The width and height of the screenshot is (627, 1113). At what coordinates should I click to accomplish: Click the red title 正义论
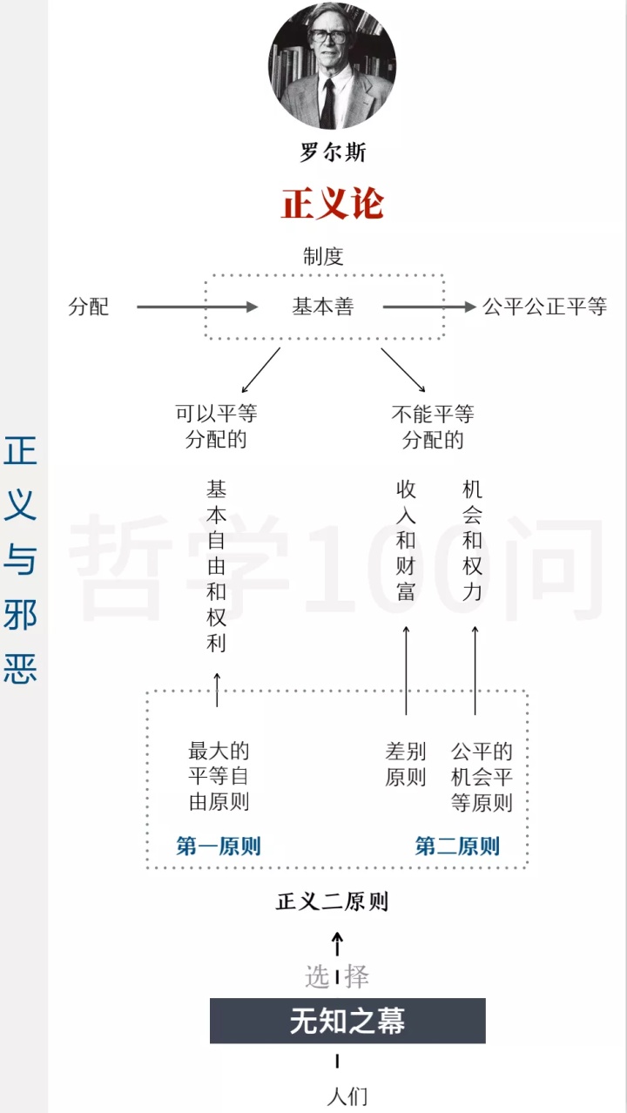pyautogui.click(x=333, y=203)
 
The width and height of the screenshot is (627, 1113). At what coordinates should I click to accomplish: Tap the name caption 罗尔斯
pyautogui.click(x=333, y=152)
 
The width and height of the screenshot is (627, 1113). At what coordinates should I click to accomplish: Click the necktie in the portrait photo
pyautogui.click(x=328, y=104)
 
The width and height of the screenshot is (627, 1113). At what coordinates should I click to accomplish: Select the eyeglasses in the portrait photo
pyautogui.click(x=329, y=37)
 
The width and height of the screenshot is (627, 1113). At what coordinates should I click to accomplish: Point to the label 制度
pyautogui.click(x=323, y=256)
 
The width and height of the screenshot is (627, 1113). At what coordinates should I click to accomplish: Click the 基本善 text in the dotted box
pyautogui.click(x=323, y=307)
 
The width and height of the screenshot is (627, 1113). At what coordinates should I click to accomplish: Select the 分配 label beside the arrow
pyautogui.click(x=89, y=307)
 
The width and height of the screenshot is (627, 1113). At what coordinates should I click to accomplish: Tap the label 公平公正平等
pyautogui.click(x=544, y=307)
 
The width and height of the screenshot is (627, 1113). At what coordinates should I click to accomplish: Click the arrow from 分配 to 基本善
pyautogui.click(x=197, y=307)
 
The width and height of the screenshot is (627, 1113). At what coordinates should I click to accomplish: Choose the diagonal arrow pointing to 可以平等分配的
pyautogui.click(x=261, y=370)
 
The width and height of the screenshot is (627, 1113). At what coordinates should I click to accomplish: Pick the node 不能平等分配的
pyautogui.click(x=433, y=427)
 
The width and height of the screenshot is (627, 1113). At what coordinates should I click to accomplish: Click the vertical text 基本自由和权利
pyautogui.click(x=217, y=566)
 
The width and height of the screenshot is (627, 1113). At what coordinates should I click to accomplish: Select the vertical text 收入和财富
pyautogui.click(x=406, y=540)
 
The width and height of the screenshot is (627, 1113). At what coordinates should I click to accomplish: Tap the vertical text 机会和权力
pyautogui.click(x=472, y=540)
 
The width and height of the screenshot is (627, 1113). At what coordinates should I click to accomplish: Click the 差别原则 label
pyautogui.click(x=406, y=764)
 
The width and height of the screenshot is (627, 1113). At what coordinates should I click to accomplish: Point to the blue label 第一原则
pyautogui.click(x=219, y=846)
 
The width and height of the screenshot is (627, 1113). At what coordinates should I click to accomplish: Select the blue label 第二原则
pyautogui.click(x=457, y=846)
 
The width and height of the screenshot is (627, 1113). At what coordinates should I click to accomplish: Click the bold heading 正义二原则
pyautogui.click(x=332, y=901)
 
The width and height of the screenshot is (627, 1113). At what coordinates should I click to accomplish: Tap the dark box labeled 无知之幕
pyautogui.click(x=347, y=1021)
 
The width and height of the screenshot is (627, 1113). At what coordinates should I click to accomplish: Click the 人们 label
pyautogui.click(x=347, y=1096)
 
